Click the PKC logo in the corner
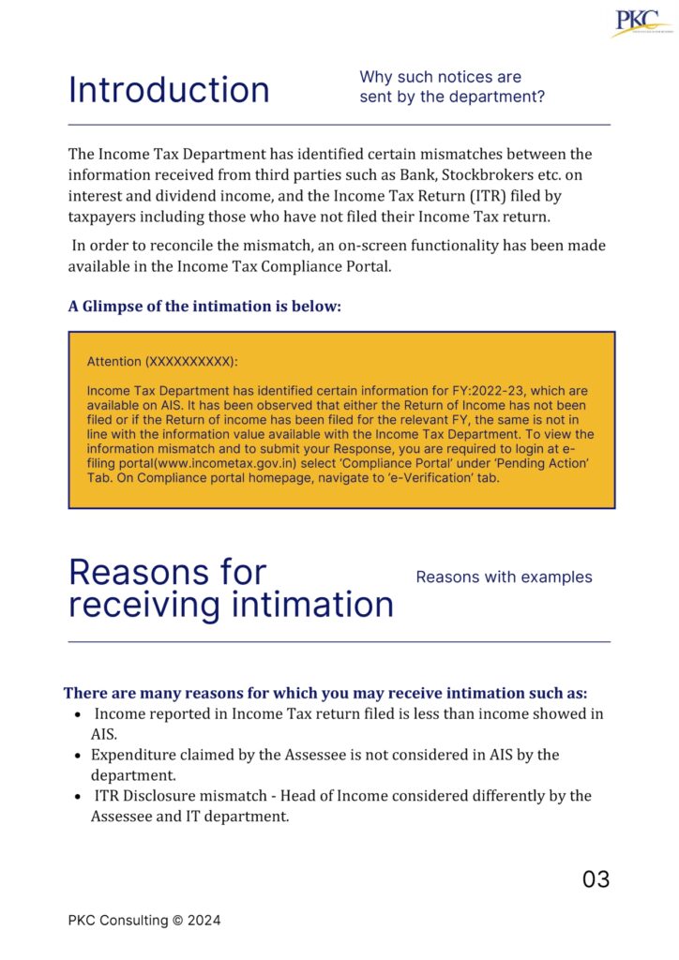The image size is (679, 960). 641,23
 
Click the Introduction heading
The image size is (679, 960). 169,90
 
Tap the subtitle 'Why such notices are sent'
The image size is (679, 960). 452,86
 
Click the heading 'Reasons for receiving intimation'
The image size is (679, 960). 231,589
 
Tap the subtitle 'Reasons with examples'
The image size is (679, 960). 504,577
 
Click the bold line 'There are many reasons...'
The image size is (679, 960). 325,693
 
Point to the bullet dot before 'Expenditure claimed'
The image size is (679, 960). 77,756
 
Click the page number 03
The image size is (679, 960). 596,879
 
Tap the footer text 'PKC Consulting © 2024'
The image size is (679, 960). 144,921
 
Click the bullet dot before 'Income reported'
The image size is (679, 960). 77,714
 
